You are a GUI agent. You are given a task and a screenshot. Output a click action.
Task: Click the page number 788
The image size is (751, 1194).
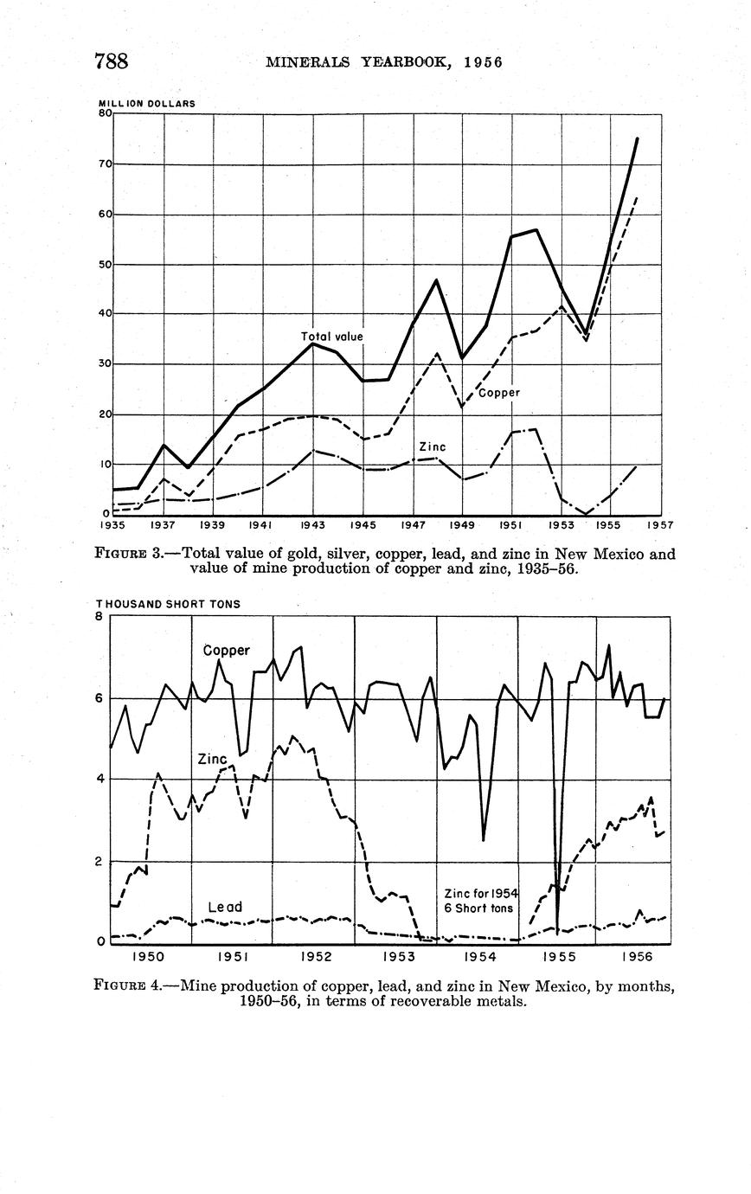tap(112, 61)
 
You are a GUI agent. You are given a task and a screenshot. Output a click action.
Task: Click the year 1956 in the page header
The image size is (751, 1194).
tap(483, 62)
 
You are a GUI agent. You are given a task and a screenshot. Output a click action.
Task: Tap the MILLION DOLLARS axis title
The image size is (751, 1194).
tap(146, 104)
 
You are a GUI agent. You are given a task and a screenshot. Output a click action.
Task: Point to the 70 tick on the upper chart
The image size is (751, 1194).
tap(105, 164)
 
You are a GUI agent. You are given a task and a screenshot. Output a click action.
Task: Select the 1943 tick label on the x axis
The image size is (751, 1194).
tap(312, 525)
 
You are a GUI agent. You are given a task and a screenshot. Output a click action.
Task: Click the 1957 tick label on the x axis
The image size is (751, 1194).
tap(659, 525)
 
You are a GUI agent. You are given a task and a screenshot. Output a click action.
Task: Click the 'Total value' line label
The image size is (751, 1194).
tap(331, 336)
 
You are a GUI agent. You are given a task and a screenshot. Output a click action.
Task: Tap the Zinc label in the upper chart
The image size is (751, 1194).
tap(432, 447)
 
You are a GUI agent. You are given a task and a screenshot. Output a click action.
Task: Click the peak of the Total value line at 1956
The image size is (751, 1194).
tap(638, 138)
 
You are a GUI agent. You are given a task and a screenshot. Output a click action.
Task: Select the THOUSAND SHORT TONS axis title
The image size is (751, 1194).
tap(168, 604)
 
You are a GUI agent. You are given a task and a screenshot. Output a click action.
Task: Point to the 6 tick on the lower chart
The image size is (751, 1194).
tap(102, 698)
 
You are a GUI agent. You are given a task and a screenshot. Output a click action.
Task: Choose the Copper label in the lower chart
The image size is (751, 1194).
tap(227, 651)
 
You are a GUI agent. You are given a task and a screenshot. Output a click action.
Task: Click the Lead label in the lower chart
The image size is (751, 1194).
tap(225, 907)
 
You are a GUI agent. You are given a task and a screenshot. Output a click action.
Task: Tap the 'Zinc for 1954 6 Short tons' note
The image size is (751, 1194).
tap(479, 901)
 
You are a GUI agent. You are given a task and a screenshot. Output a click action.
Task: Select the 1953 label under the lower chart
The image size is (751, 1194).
tap(399, 957)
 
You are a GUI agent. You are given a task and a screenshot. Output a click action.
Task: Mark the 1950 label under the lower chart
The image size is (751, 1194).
tap(148, 957)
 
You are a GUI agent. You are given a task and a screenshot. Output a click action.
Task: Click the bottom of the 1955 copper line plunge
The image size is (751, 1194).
tap(558, 933)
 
